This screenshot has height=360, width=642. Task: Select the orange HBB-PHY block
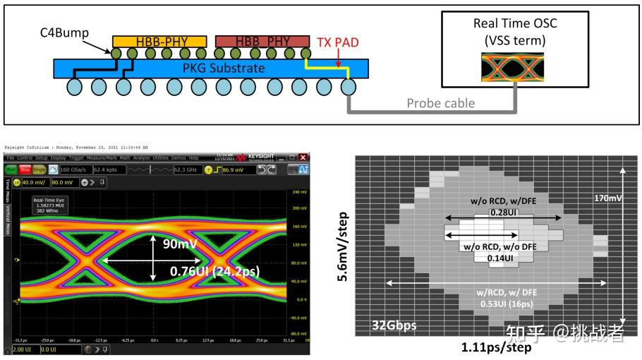point(159,42)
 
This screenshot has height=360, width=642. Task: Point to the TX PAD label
point(337,43)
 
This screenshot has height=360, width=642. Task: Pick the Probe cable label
point(440,103)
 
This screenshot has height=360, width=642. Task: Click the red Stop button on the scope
point(25,170)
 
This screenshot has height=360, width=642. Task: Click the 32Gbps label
point(395,325)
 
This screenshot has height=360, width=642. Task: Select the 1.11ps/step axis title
point(495,348)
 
